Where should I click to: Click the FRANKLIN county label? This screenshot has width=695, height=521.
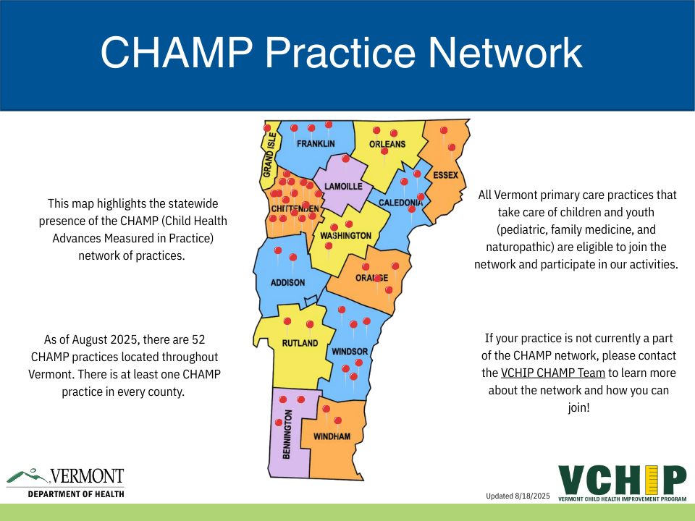[x=316, y=143]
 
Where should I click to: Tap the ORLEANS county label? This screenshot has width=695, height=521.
[x=387, y=144]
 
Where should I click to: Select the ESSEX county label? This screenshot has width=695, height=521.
[x=445, y=175]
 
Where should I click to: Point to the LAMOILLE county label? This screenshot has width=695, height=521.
[x=343, y=187]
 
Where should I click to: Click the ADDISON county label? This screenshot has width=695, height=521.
[x=287, y=283]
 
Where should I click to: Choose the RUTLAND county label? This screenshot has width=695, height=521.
[x=300, y=343]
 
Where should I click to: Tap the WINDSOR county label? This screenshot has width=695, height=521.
[x=350, y=352]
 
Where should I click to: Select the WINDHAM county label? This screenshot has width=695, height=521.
[x=332, y=437]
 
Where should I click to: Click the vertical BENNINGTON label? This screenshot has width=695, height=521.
[x=287, y=434]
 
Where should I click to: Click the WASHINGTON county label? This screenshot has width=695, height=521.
[x=346, y=236]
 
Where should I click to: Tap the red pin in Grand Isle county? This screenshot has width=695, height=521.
[x=267, y=128]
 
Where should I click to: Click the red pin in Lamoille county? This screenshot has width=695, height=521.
[x=346, y=158]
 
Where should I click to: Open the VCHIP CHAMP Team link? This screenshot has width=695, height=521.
[x=552, y=373]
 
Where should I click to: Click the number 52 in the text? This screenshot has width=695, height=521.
[x=198, y=340]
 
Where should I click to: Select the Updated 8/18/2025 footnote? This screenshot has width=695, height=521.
[x=518, y=496]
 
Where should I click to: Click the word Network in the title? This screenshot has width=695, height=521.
[x=505, y=52]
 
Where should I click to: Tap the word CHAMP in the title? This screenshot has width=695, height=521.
[x=177, y=52]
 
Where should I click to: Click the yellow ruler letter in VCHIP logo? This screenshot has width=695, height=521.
[x=652, y=480]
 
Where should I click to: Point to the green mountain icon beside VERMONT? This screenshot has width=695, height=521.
[x=27, y=476]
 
